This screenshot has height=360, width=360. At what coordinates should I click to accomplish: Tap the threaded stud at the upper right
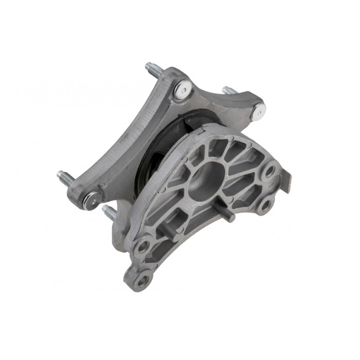coord(230,91)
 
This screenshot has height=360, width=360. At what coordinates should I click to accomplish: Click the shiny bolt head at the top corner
coord(183,89)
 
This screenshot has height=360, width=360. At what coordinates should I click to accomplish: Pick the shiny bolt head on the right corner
coord(259,110)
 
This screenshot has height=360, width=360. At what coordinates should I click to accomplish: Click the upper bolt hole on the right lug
coord(269,171)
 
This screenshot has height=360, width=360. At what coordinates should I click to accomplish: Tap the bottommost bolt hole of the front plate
coord(142,280)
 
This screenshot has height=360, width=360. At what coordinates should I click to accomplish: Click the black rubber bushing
coord(154,154)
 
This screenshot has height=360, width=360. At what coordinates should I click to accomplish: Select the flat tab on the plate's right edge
coord(286,182)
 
